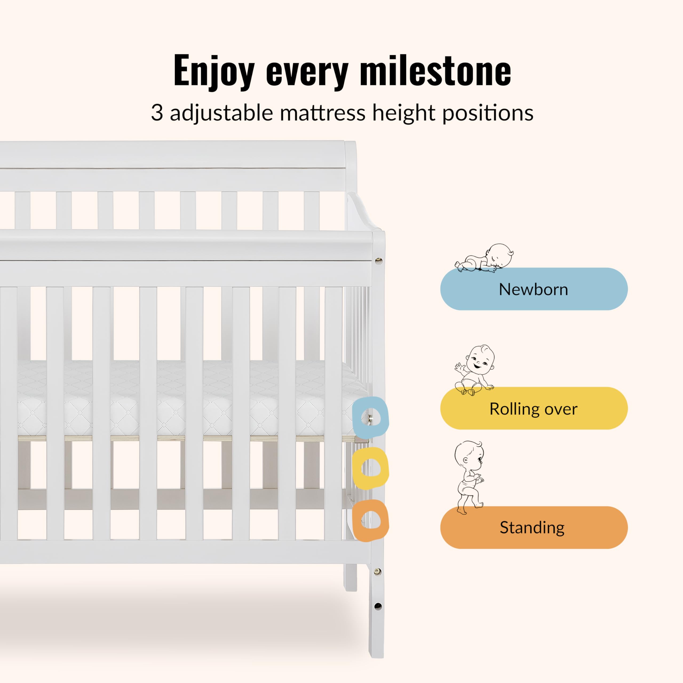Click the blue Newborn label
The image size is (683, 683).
[534, 289]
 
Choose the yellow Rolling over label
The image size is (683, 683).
[534, 408]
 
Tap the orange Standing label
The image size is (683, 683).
[534, 527]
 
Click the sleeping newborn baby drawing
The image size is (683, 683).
[484, 258]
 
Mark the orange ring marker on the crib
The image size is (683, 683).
[371, 520]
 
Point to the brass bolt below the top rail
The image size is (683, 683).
[379, 261]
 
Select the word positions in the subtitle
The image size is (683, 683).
[488, 113]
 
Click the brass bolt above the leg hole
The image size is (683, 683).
[378, 571]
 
